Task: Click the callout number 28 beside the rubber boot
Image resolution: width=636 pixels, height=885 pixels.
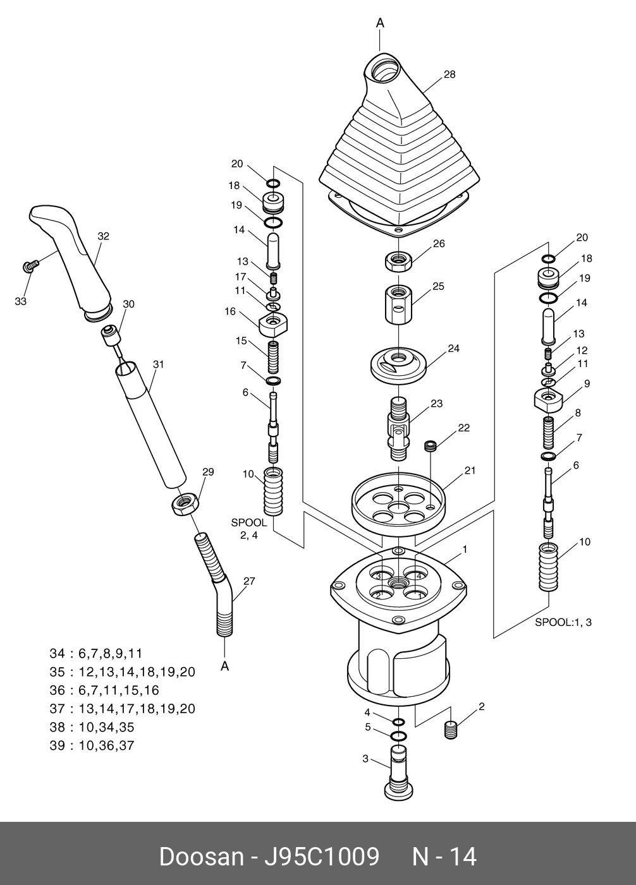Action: click(x=449, y=75)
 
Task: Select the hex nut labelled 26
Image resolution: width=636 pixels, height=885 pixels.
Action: click(x=399, y=261)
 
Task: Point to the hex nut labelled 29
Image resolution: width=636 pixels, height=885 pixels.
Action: click(x=185, y=504)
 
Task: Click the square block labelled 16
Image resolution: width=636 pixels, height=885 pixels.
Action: click(x=273, y=324)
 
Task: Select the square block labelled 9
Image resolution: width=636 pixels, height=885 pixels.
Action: click(x=548, y=400)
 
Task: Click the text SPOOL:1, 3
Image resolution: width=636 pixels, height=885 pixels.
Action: click(x=563, y=622)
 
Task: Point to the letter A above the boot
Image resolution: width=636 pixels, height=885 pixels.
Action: click(x=380, y=23)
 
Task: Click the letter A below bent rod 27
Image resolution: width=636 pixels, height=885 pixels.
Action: click(x=224, y=666)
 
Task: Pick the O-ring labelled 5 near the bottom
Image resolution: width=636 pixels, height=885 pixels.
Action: click(x=398, y=736)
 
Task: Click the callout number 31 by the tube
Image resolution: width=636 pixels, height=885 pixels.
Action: click(x=158, y=364)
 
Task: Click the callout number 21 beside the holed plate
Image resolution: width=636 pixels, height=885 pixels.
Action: click(x=470, y=471)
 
